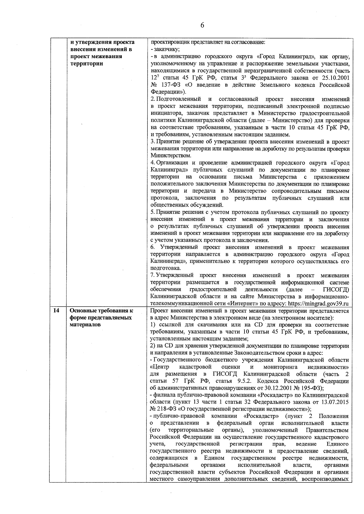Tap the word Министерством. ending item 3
[x=171, y=156]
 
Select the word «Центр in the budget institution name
[x=158, y=367]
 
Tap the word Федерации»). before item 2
[x=169, y=92]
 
